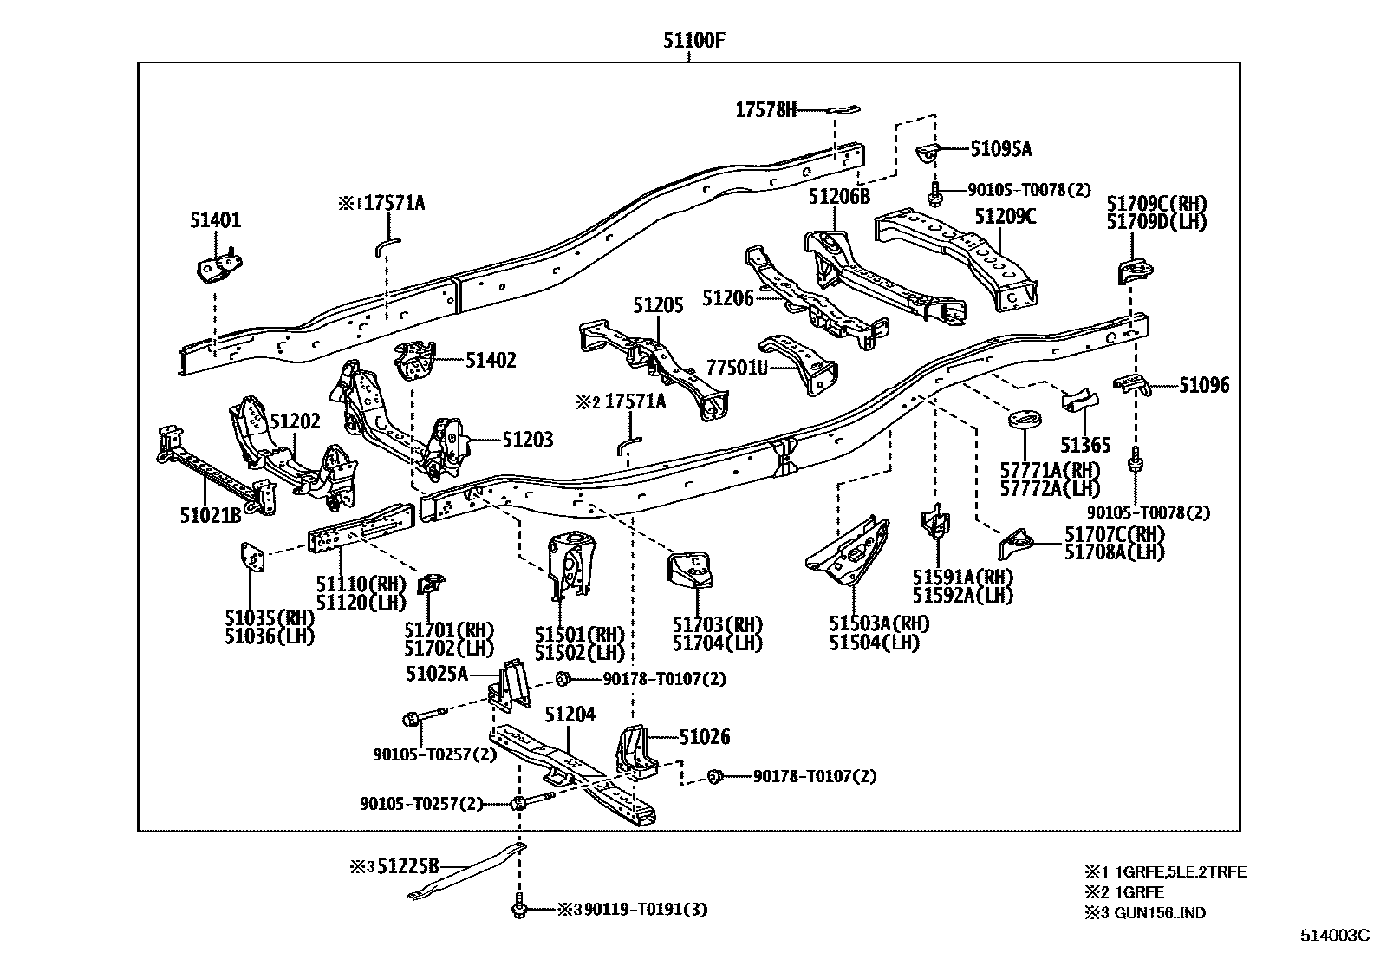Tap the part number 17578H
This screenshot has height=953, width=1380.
tap(765, 110)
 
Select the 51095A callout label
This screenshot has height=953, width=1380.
tap(1000, 149)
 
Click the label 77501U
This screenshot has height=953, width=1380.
tap(737, 368)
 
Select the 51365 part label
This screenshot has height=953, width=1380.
tap(1084, 446)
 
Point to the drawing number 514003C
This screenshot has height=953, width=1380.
tap(1333, 936)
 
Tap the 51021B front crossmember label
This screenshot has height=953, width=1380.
tap(210, 515)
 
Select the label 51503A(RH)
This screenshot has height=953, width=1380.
tap(878, 623)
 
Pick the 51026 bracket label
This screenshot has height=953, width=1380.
tap(704, 737)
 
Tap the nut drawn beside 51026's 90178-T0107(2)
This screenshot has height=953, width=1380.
tap(715, 776)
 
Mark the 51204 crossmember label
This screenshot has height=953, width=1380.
tap(570, 715)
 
